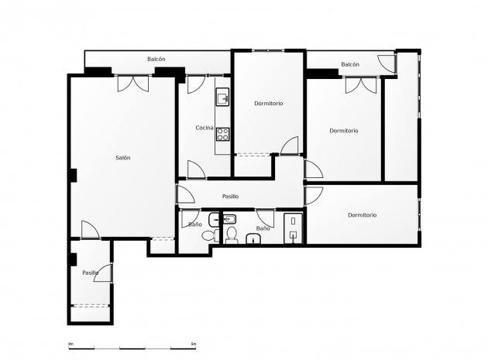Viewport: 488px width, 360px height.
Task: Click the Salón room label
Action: click(x=122, y=158)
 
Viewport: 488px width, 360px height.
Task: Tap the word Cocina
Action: click(x=204, y=128)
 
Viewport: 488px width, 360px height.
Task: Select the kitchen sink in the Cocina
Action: click(x=222, y=98)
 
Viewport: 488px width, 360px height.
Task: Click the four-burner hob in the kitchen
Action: click(x=222, y=133)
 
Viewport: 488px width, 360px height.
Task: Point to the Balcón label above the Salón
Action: click(x=156, y=60)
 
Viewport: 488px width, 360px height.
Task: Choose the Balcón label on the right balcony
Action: click(x=350, y=65)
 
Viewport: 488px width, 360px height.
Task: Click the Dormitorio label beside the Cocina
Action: click(x=268, y=104)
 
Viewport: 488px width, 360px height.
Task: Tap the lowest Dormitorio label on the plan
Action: click(x=362, y=215)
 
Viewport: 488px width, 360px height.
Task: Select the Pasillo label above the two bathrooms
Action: click(x=230, y=197)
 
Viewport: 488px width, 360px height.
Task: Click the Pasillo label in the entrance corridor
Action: click(x=90, y=273)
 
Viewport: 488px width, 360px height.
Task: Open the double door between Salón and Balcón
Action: click(x=132, y=84)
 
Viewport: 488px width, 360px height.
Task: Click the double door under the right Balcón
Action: click(x=361, y=85)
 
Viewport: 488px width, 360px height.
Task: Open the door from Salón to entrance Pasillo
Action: click(x=89, y=230)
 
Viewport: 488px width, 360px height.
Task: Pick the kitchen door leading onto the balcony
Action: click(x=195, y=83)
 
